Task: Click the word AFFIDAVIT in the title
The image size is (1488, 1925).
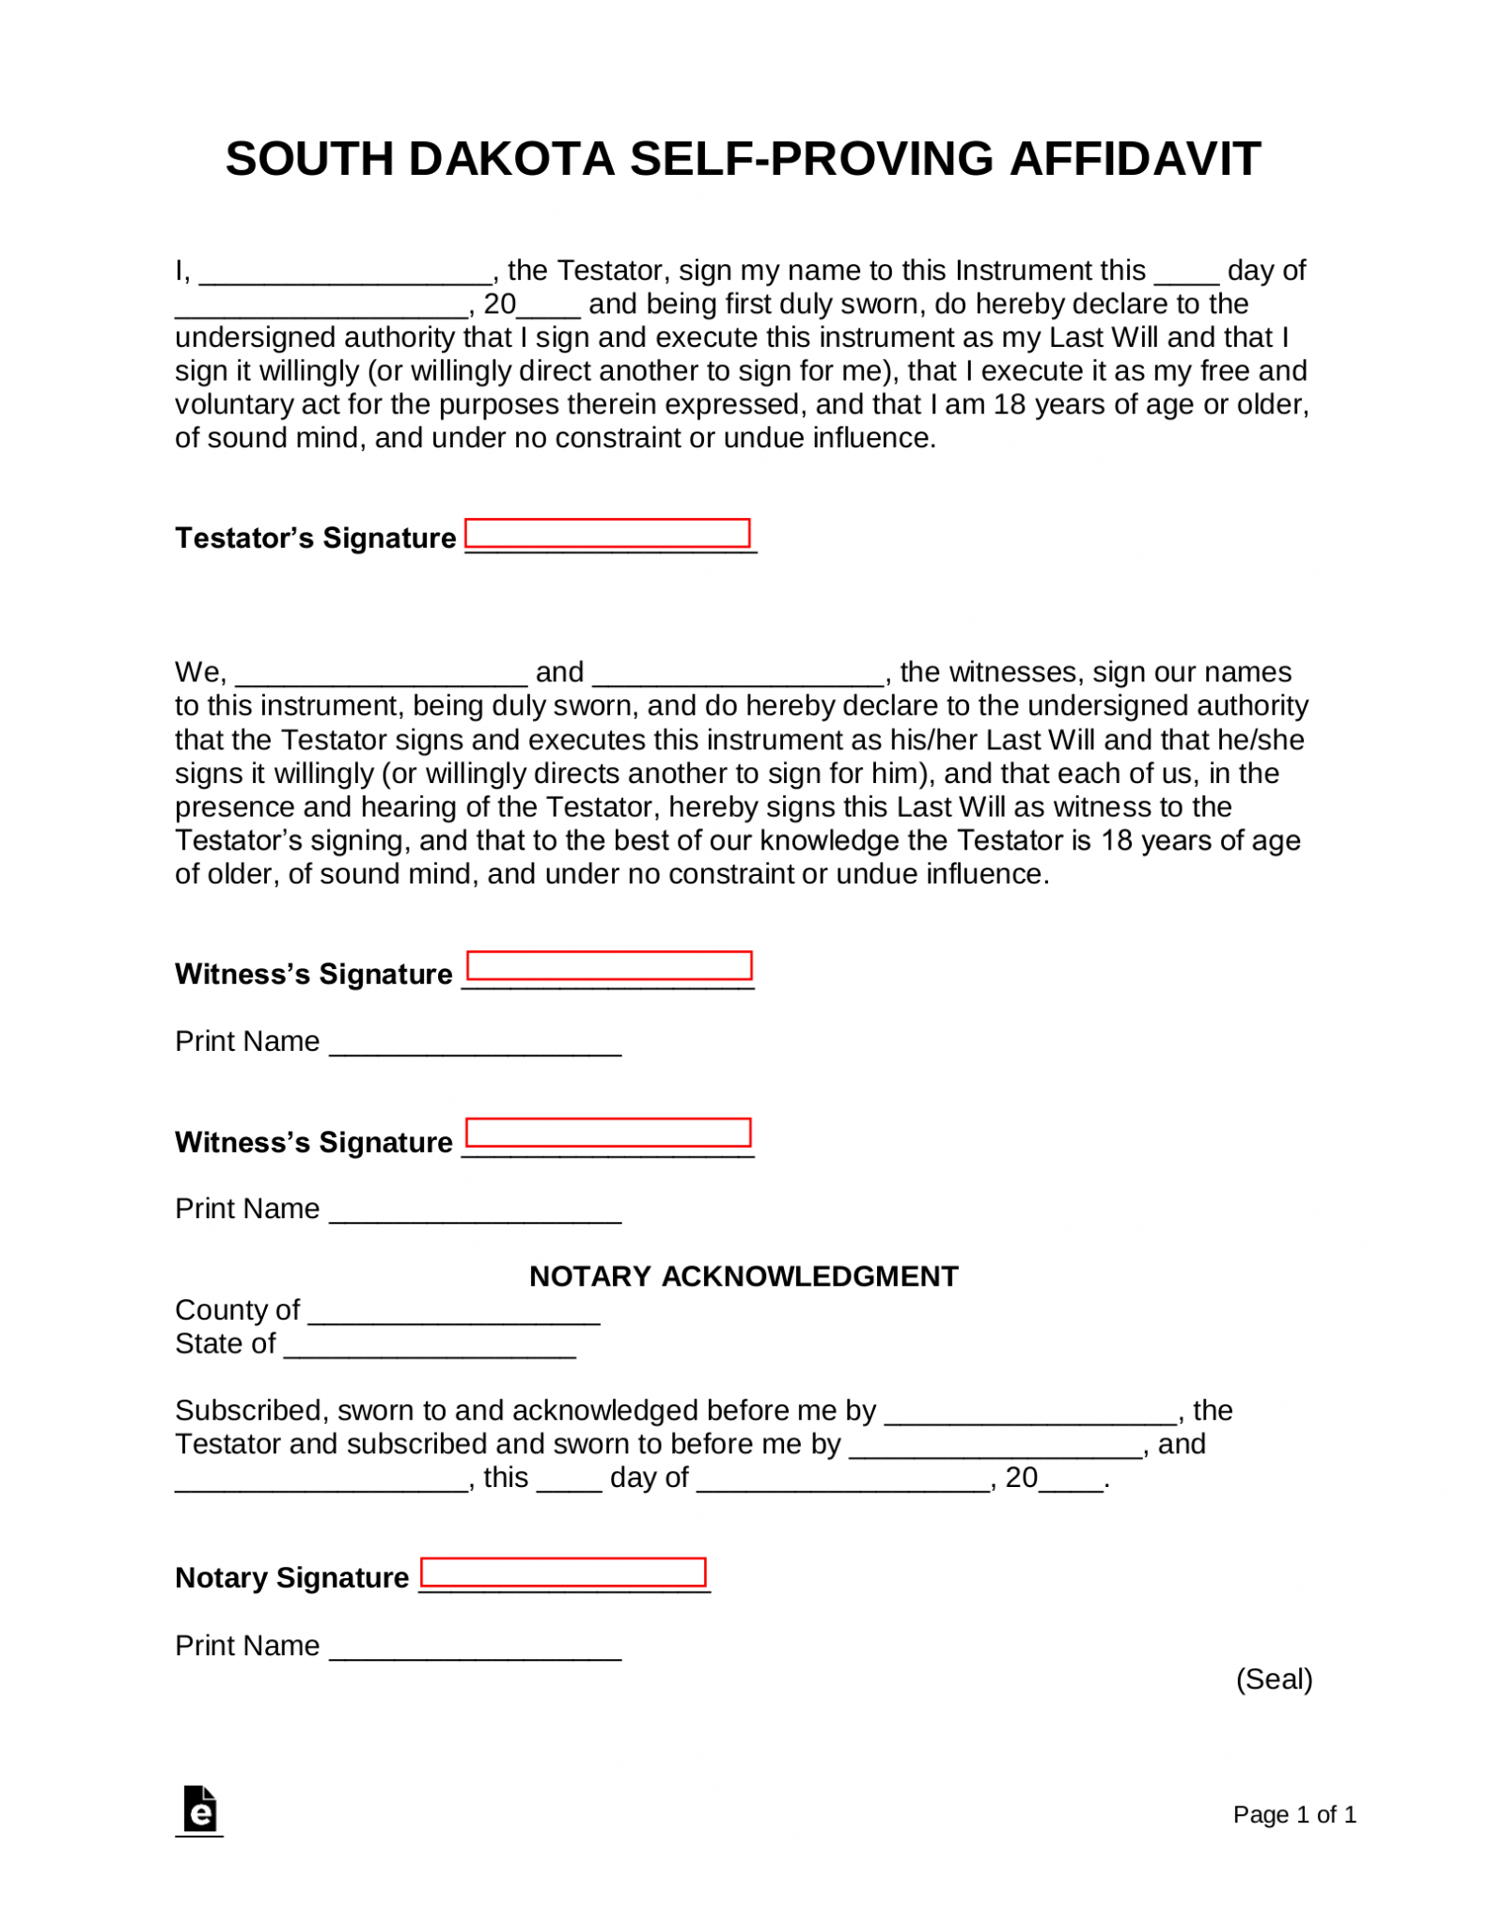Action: [x=1135, y=159]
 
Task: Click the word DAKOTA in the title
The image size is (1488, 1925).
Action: [x=510, y=159]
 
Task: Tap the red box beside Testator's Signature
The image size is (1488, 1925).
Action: [x=607, y=533]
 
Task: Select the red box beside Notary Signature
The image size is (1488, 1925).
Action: [x=562, y=1572]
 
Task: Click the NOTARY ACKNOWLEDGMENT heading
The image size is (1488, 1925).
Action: [x=744, y=1276]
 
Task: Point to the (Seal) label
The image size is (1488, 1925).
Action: [x=1274, y=1678]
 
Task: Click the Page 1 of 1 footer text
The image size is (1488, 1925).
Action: [x=1293, y=1813]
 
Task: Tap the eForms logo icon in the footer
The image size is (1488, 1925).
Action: [x=199, y=1809]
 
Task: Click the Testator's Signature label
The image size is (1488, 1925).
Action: [x=315, y=538]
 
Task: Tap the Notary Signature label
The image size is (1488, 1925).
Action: [x=291, y=1576]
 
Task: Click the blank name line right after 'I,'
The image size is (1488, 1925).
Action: [x=346, y=275]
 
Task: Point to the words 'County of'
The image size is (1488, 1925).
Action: [x=237, y=1309]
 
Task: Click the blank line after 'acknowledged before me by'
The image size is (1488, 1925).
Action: [x=1032, y=1416]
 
